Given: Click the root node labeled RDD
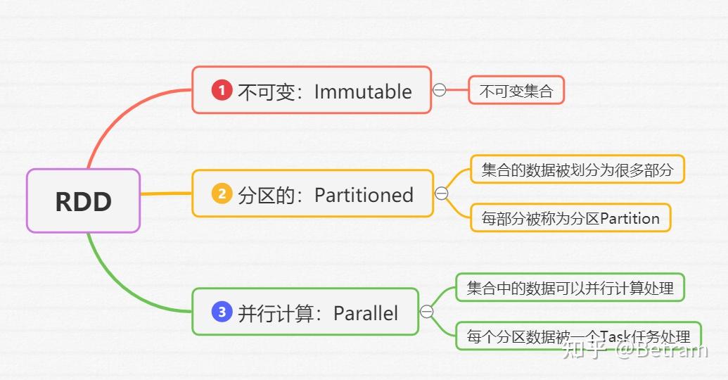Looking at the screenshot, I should (83, 201).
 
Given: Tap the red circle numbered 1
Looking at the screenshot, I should (222, 90).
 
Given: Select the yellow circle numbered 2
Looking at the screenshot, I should (222, 194).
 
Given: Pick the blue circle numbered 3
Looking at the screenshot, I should (222, 312).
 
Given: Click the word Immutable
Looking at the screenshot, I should (363, 91).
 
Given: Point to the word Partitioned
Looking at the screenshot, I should (364, 195).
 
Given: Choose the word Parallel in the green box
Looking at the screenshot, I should (366, 313).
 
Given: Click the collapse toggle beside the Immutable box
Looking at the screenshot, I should (440, 90).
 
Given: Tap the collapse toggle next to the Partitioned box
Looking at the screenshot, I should (442, 194).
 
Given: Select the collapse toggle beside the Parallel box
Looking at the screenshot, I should (427, 312).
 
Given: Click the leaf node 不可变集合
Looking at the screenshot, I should (516, 91).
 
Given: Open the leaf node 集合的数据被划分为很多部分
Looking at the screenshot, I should (577, 170).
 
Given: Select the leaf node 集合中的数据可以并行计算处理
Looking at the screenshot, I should (570, 288).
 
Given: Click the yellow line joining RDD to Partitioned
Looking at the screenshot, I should (166, 193).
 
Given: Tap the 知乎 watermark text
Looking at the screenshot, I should (584, 349).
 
